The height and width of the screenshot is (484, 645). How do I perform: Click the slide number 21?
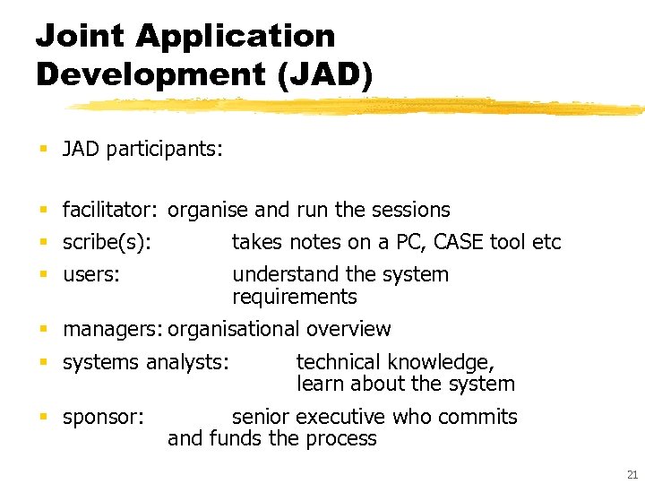point(633,474)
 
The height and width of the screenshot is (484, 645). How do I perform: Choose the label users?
point(90,274)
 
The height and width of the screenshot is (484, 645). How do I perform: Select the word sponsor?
point(103,417)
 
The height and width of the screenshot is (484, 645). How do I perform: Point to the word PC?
point(397,242)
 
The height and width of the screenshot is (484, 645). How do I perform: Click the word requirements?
point(294,297)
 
